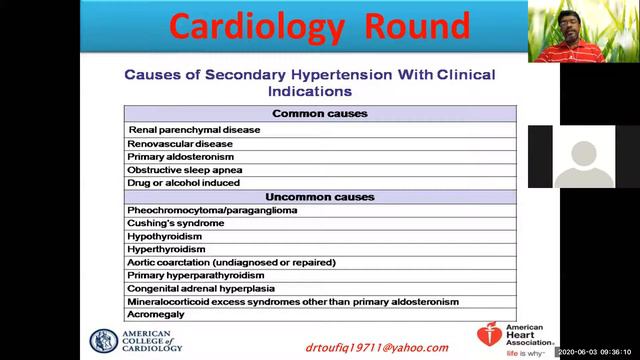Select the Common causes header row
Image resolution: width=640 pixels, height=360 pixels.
(x=320, y=114)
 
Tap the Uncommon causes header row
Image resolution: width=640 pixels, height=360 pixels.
(x=320, y=196)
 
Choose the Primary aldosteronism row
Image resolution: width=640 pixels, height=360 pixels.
(x=181, y=157)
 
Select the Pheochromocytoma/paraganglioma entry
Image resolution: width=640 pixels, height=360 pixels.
(x=212, y=210)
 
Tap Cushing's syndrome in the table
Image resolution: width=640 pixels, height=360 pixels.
(x=176, y=223)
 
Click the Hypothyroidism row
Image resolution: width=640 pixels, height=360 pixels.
(x=165, y=236)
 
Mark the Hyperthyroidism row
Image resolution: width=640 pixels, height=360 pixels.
(x=166, y=249)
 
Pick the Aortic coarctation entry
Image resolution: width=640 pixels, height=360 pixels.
(x=231, y=262)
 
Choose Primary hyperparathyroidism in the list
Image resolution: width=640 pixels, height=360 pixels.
(x=196, y=275)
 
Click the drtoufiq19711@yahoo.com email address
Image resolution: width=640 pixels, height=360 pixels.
(x=377, y=347)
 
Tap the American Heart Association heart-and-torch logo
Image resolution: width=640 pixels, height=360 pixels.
(x=488, y=337)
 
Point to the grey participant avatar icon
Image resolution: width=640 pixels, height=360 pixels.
(x=584, y=157)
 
